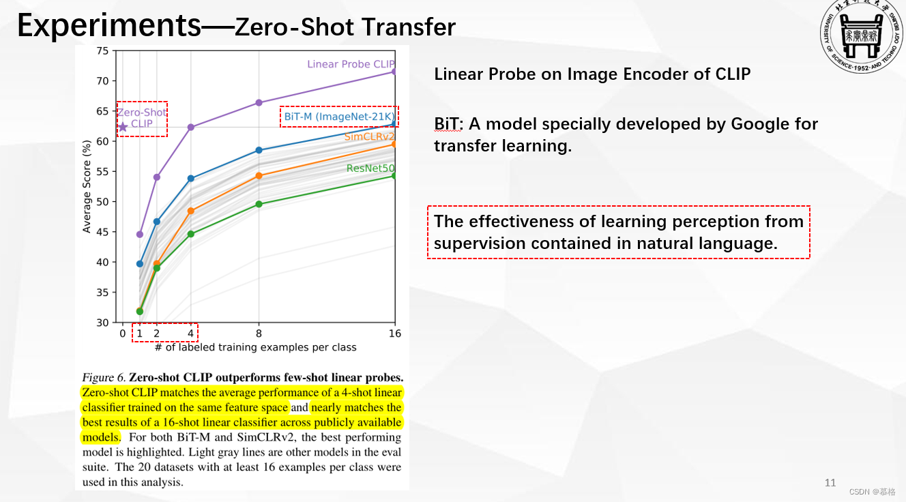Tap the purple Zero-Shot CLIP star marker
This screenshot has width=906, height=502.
coord(123,127)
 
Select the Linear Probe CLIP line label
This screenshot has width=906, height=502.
coord(351,64)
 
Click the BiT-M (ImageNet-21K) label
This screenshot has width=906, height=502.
coord(339,117)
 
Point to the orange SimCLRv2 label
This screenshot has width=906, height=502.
coord(369,136)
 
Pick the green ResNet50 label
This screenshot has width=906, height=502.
coord(370,168)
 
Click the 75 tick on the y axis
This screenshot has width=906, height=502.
coord(102,50)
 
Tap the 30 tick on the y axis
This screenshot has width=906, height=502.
coord(102,323)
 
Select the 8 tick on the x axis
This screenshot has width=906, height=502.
coord(259,334)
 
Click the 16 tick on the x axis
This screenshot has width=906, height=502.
coord(394,334)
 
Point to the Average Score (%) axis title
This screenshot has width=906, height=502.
coord(87,186)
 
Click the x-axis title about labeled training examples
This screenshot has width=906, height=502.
coord(255,347)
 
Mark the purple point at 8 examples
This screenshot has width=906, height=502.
coord(259,102)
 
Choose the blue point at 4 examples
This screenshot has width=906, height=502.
coord(190,179)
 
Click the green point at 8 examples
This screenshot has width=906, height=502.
coord(259,204)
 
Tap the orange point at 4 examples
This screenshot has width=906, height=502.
coord(190,211)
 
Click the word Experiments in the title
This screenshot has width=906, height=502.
coord(108,25)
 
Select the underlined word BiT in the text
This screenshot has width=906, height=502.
coord(448,124)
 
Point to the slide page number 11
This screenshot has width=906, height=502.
coord(830,483)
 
